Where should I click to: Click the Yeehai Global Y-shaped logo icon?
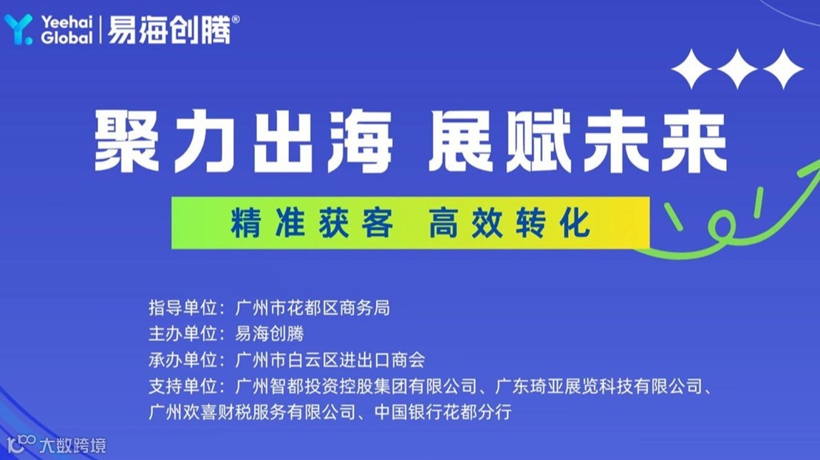pos(18,29)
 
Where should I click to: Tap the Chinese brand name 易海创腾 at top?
pos(169,30)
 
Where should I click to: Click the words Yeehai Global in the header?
pos(67,30)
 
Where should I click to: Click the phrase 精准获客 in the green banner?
pos(311,223)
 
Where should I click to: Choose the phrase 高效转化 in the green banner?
pos(510,223)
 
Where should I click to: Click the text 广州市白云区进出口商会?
pos(329,360)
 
